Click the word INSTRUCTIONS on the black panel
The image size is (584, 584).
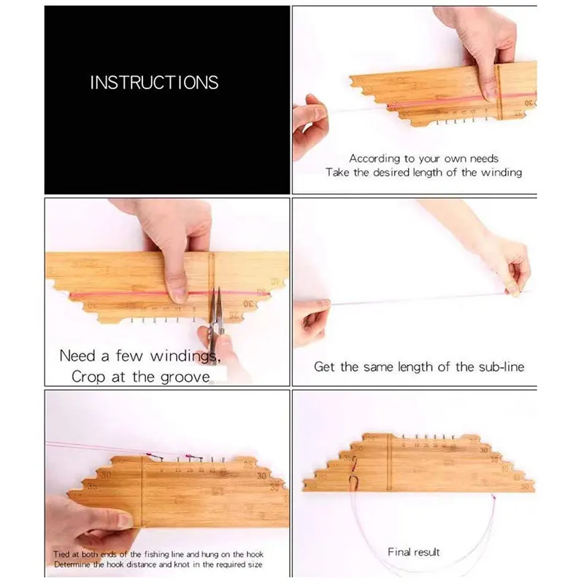coord(154,82)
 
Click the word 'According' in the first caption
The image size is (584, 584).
coord(372,158)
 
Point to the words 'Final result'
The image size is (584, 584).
coord(413,553)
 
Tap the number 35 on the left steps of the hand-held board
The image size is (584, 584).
coord(93,485)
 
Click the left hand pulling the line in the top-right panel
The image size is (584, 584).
coord(310,124)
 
